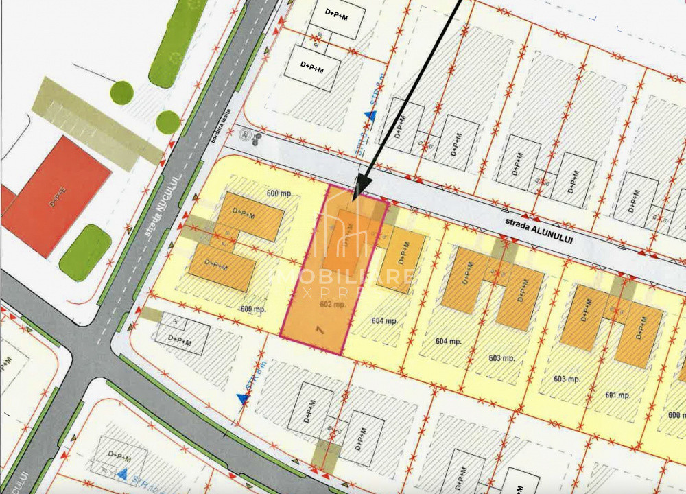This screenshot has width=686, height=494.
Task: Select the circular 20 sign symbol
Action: [x=244, y=135]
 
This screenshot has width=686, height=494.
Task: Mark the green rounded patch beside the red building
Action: [x=85, y=252]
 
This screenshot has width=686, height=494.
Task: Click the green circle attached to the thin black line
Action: [x=122, y=93]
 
